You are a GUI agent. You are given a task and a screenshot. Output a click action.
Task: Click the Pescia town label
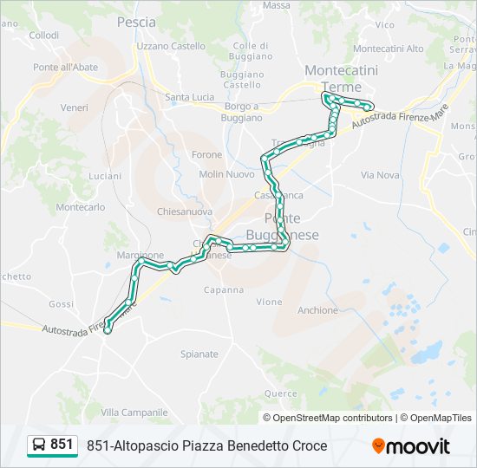[136, 22]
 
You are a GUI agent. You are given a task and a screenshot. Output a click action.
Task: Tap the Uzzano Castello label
[171, 46]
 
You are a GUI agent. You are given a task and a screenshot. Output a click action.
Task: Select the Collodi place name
[43, 36]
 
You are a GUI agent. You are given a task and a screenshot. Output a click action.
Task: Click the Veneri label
[75, 107]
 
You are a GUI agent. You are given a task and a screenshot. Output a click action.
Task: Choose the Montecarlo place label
[81, 207]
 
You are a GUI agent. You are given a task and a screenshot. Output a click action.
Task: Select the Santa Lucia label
[190, 96]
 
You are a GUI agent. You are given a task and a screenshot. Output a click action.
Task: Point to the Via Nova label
[380, 175]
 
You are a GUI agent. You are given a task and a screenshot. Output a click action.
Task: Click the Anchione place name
[317, 310]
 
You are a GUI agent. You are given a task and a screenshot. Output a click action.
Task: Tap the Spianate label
[199, 354]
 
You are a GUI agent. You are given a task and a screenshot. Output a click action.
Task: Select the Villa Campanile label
[134, 412]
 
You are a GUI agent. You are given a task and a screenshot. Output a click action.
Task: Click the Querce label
[281, 393]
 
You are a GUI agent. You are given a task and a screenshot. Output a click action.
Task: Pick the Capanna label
[224, 289]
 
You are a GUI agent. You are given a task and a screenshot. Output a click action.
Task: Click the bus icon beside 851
[39, 445]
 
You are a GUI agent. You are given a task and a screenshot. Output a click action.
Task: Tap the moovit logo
[411, 446]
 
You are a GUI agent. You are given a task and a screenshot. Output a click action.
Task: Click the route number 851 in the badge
[62, 445]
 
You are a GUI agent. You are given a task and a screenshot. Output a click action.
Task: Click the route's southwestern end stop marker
[108, 329]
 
